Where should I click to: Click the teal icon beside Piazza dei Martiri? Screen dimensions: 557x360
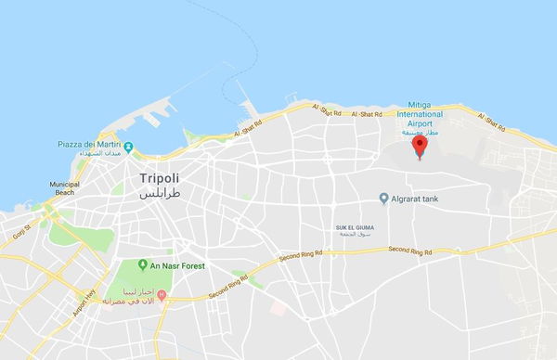[129, 146]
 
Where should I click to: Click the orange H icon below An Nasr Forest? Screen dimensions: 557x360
[162, 296]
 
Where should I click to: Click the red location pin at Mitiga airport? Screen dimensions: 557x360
[420, 146]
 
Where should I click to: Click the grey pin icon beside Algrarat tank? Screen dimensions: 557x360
[384, 199]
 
